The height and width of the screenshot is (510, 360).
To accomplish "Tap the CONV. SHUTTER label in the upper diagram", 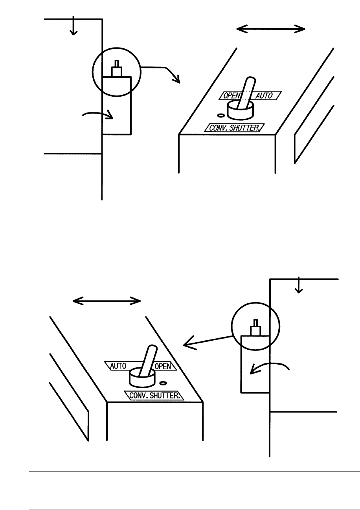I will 234,128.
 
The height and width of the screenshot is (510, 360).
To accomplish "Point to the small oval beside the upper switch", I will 221,116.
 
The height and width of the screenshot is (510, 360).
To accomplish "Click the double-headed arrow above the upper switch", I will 271,28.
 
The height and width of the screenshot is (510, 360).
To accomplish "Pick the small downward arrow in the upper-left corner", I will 72,28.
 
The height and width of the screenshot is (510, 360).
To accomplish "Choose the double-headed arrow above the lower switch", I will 107,301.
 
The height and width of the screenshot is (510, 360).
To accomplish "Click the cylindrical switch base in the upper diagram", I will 241,111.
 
